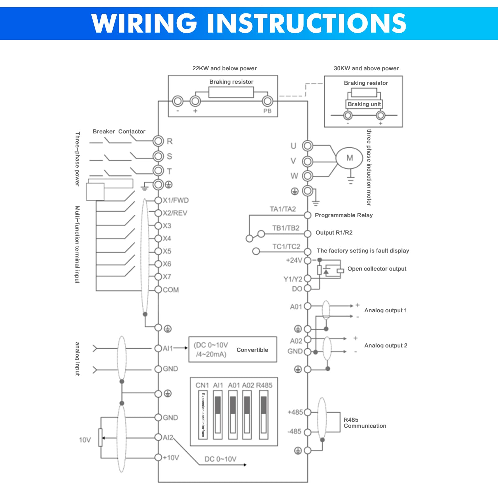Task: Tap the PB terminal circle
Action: (268, 101)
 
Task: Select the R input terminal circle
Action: (158, 141)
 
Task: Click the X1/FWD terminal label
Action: (176, 200)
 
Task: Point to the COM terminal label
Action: (171, 290)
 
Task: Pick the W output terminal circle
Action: (308, 176)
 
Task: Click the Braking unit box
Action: (364, 104)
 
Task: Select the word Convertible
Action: (252, 350)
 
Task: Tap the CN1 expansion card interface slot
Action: (203, 415)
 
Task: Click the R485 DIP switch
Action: (263, 415)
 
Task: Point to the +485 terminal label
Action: (295, 412)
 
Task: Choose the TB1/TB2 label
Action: (286, 228)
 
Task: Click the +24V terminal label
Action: (294, 260)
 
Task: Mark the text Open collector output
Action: (377, 269)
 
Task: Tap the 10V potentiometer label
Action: (85, 440)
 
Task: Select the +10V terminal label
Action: (171, 458)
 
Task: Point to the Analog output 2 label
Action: (386, 346)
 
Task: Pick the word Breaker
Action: (104, 132)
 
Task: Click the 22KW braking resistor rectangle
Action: (231, 92)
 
